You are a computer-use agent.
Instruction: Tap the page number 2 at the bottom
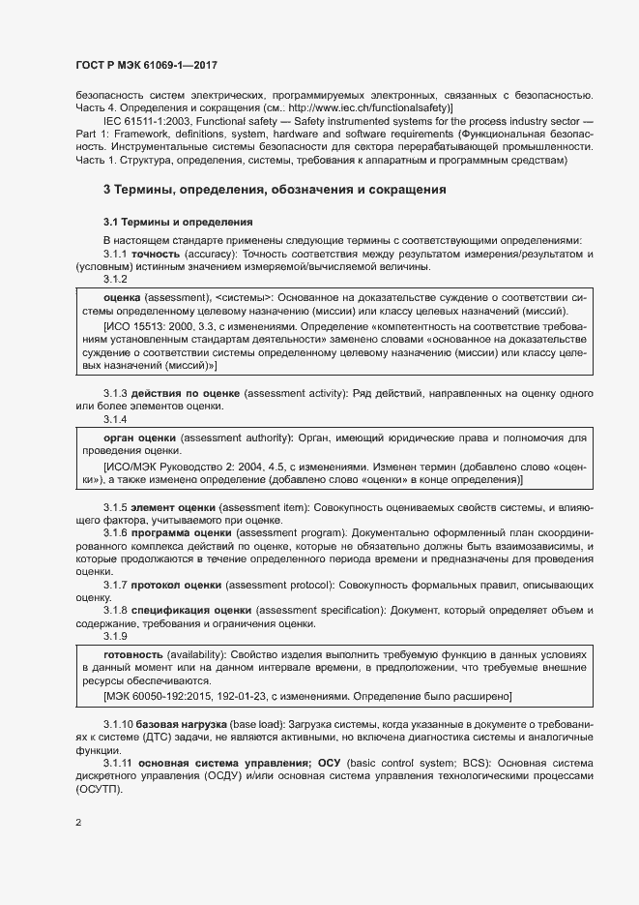pos(78,824)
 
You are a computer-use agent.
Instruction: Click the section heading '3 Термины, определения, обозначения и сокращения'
pos(275,190)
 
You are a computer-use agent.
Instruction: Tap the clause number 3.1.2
pos(116,279)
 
